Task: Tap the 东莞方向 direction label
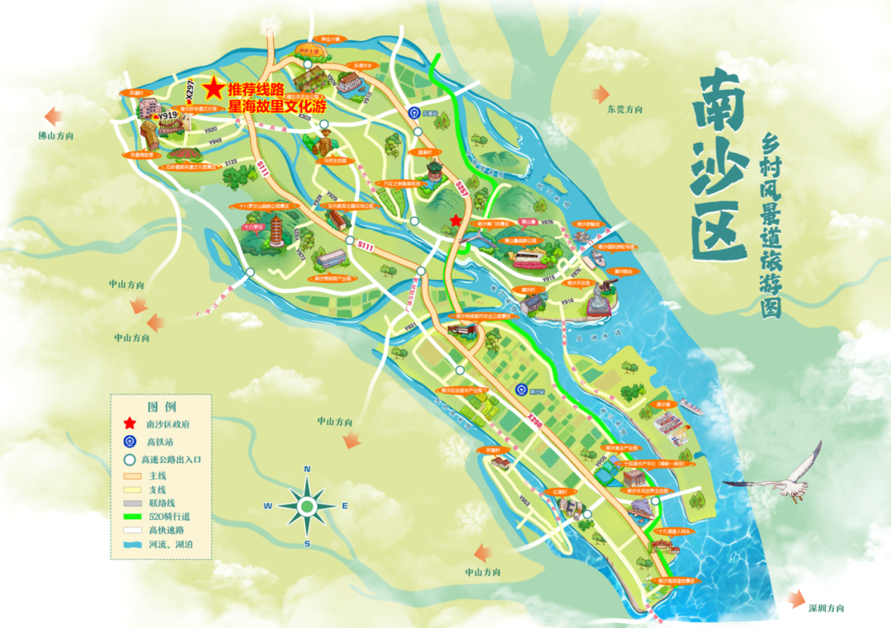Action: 624,109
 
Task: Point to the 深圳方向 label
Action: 826,608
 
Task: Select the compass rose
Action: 307,505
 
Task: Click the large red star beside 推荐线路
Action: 214,86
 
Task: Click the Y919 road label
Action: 168,116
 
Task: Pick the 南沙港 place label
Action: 666,404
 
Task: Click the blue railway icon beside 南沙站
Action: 520,389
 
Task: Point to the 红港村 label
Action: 560,492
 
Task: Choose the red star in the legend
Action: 130,423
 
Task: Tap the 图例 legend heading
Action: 161,407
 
